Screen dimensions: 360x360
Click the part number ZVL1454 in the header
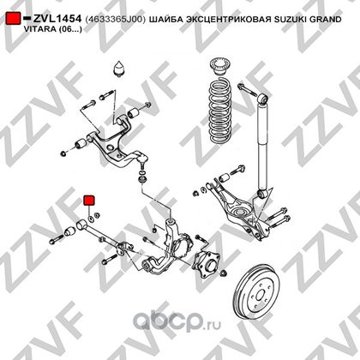(x=57, y=19)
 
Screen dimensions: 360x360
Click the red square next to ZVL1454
(x=13, y=18)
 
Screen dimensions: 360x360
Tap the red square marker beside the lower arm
(x=89, y=201)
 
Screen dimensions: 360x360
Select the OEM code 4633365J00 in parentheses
(x=116, y=19)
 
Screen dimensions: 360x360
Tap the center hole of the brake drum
(x=260, y=294)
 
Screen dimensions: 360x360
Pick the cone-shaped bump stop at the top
(x=120, y=69)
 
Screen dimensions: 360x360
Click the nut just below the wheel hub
(x=224, y=273)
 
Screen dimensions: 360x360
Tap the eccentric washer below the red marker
(x=90, y=219)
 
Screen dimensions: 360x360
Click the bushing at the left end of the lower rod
(x=70, y=231)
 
